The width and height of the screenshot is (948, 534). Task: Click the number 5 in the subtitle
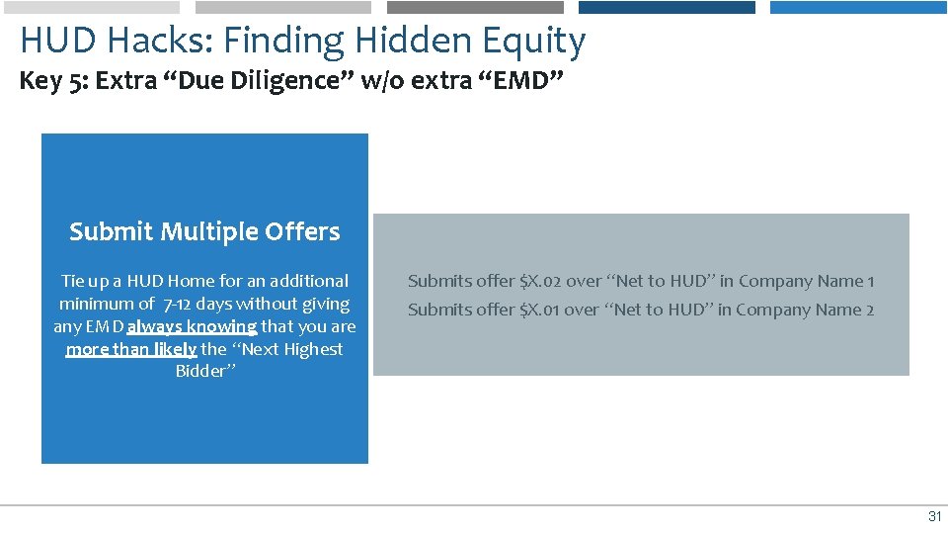(78, 81)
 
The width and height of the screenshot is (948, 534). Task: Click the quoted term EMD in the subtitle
(520, 81)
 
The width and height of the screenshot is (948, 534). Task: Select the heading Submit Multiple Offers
(204, 231)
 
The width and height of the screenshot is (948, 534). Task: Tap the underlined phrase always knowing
(192, 326)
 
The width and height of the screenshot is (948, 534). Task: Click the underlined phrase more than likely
(131, 349)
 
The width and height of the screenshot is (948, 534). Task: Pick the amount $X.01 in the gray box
(540, 310)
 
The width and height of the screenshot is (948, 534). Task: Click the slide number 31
(934, 517)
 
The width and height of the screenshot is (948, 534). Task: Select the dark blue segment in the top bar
(667, 7)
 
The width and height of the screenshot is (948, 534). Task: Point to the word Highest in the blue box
(310, 349)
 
